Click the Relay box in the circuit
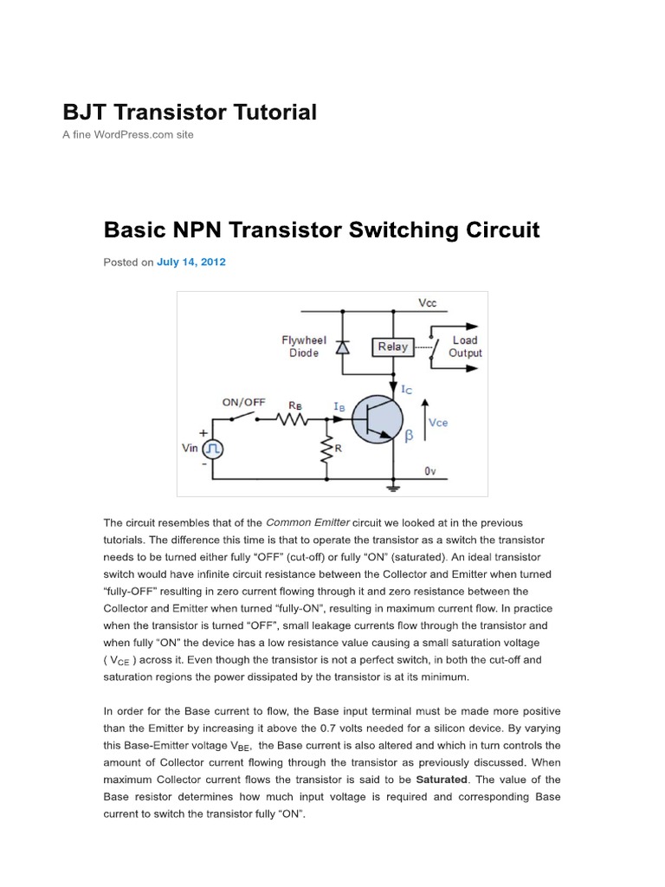392,346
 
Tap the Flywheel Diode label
303,346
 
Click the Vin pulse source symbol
213,449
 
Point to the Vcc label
427,303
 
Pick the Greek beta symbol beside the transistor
411,439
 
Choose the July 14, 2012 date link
190,262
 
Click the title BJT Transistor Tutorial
190,112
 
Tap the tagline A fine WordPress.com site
128,135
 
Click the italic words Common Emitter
308,522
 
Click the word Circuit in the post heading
501,230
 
